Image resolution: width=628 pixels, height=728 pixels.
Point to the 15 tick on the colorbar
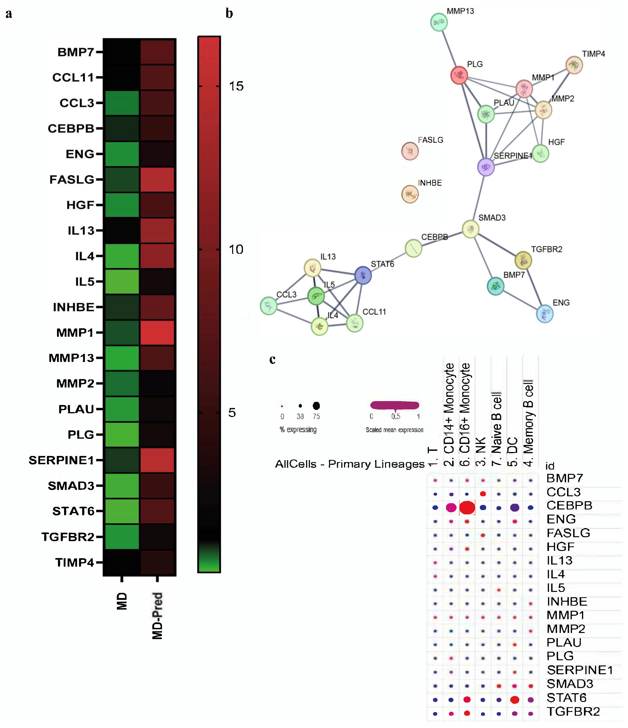236,86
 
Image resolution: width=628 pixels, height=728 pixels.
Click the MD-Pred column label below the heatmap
157,615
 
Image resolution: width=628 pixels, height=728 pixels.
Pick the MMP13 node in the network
439,22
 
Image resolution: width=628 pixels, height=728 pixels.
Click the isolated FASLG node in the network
410,151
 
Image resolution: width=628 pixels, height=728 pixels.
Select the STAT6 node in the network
363,275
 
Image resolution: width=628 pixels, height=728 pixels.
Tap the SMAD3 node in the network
470,229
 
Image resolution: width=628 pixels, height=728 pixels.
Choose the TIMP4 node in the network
574,65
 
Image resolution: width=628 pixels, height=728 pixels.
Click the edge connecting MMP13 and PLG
449,48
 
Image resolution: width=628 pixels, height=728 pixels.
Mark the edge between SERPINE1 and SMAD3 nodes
478,198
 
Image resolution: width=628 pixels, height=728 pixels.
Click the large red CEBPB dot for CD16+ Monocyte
467,507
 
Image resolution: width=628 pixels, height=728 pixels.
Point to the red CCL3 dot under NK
483,494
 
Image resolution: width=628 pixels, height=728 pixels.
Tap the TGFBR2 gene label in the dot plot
573,711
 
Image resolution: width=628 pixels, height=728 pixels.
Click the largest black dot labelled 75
316,406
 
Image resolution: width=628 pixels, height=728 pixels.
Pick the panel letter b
229,13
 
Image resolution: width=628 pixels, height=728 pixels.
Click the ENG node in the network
544,314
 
